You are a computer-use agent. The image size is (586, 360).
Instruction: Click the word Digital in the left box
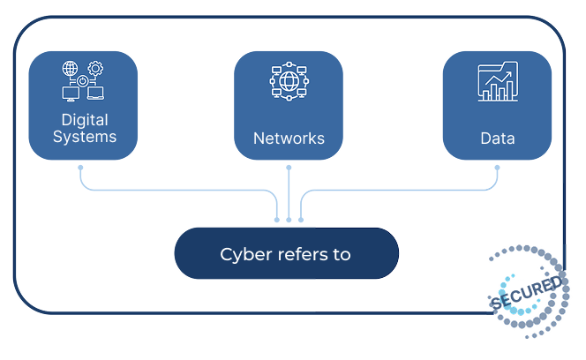tap(84, 119)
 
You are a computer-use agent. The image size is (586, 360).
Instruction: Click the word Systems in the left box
tap(84, 137)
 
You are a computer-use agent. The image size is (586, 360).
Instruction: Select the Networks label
tap(289, 139)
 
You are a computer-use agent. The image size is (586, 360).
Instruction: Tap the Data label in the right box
tap(497, 139)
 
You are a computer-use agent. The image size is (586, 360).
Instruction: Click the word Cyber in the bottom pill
tap(241, 255)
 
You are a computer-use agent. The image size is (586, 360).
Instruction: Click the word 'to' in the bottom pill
tap(342, 255)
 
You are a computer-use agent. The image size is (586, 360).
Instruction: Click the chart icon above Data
tap(497, 82)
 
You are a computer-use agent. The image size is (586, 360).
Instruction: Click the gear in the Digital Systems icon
tap(95, 69)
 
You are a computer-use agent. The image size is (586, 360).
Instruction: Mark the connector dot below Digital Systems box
tap(80, 166)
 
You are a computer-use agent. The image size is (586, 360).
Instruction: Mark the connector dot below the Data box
tap(496, 166)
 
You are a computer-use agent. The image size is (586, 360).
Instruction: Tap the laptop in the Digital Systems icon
tap(96, 92)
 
